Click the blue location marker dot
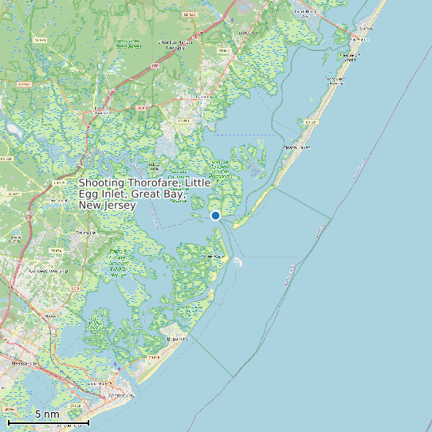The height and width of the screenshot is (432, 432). coord(215,215)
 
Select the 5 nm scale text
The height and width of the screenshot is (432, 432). coord(47,414)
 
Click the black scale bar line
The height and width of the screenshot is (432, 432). coord(48,422)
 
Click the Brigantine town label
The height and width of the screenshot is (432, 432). coord(177,338)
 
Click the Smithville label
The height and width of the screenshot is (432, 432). coord(82,233)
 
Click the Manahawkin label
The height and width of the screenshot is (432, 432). coord(305,10)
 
